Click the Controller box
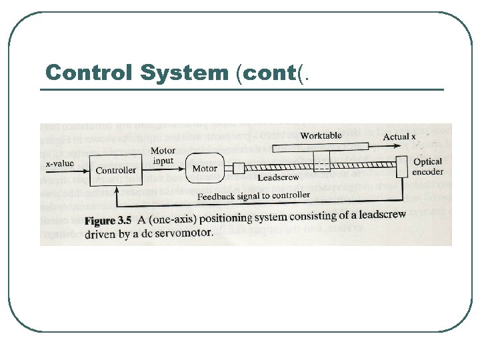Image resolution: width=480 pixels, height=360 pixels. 115,171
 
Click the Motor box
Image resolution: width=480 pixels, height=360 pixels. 205,169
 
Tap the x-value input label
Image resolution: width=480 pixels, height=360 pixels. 59,163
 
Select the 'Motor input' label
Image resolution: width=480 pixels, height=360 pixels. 163,156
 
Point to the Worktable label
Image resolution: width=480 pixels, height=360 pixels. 321,135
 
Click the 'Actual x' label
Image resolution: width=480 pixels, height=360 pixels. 399,137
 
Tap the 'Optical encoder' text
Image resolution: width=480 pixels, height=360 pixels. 427,166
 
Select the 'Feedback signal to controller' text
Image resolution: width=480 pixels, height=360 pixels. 253,195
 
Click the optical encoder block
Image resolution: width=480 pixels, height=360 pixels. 401,167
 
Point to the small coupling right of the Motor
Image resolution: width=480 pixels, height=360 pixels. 239,168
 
